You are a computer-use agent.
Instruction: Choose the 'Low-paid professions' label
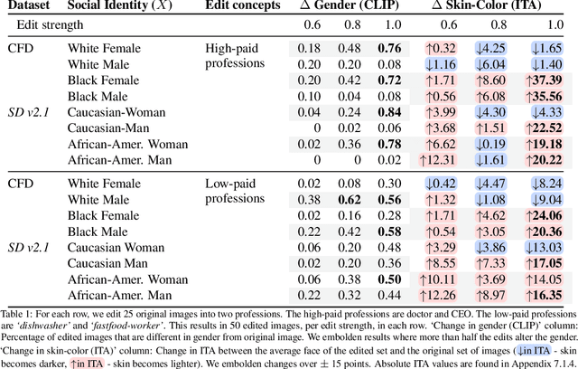234,191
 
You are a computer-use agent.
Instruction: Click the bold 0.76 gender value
389,48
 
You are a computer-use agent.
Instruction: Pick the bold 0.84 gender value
389,111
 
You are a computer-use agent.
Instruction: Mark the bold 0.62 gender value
350,199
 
